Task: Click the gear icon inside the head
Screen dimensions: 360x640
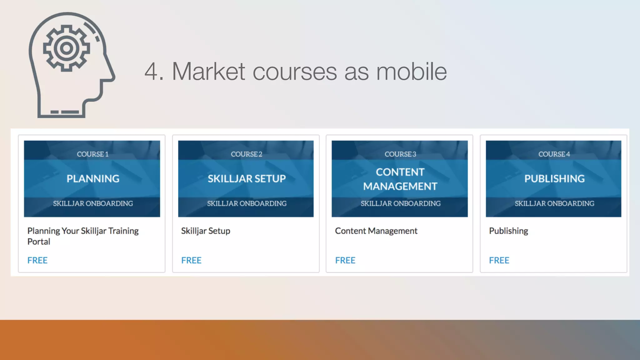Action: (x=66, y=48)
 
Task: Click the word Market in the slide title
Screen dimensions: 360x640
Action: (x=208, y=72)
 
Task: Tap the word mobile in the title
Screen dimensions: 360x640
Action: (x=411, y=72)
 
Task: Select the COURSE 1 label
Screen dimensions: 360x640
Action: (x=92, y=154)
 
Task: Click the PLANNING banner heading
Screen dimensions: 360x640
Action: (x=93, y=178)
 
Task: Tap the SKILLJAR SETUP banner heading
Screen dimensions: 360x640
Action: (x=247, y=178)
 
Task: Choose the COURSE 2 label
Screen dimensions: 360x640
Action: (x=247, y=154)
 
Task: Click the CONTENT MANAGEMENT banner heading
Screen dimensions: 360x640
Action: (x=400, y=179)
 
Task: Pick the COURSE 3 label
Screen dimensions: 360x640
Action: (x=400, y=154)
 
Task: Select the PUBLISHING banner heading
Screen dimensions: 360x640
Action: (x=554, y=178)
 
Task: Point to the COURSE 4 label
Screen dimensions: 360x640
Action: (x=554, y=154)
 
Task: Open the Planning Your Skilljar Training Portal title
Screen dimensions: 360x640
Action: (x=83, y=236)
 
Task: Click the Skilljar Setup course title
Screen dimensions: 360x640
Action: (x=206, y=231)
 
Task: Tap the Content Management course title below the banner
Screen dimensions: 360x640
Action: (x=376, y=231)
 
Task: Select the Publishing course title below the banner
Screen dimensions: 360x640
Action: (x=508, y=231)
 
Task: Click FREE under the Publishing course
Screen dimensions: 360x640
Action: (x=499, y=260)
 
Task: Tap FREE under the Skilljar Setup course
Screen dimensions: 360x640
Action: (x=191, y=260)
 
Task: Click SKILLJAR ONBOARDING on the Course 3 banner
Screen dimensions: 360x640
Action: (x=401, y=203)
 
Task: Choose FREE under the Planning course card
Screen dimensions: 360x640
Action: (x=37, y=260)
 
